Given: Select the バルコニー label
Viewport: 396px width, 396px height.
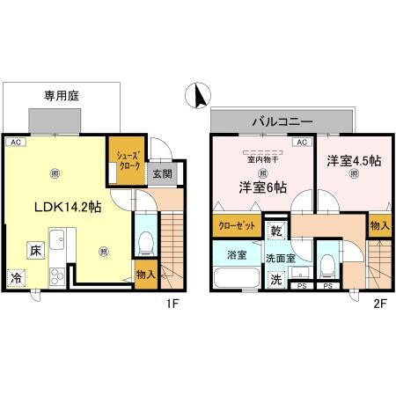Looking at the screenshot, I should [x=281, y=119].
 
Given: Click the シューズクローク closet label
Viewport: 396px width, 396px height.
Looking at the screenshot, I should [x=125, y=161].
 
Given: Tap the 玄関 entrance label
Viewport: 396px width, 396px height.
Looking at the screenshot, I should [x=163, y=173].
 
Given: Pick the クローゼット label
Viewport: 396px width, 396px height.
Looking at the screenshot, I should [x=235, y=225].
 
